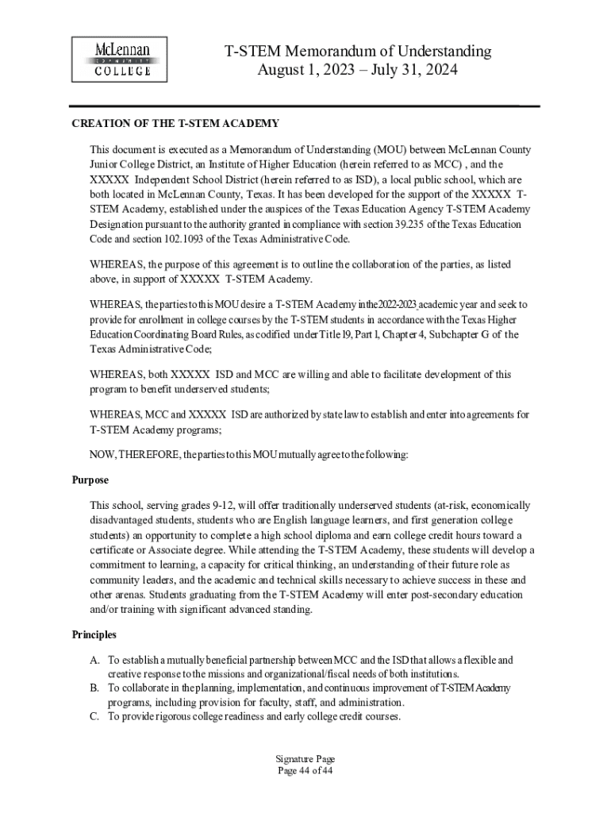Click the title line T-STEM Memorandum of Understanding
(358, 52)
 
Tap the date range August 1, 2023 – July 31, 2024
(358, 70)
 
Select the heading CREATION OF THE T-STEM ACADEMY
(175, 123)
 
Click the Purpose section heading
(90, 480)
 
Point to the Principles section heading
(94, 634)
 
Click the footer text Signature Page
(305, 760)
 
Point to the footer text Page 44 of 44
(305, 771)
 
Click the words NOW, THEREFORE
(134, 455)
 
